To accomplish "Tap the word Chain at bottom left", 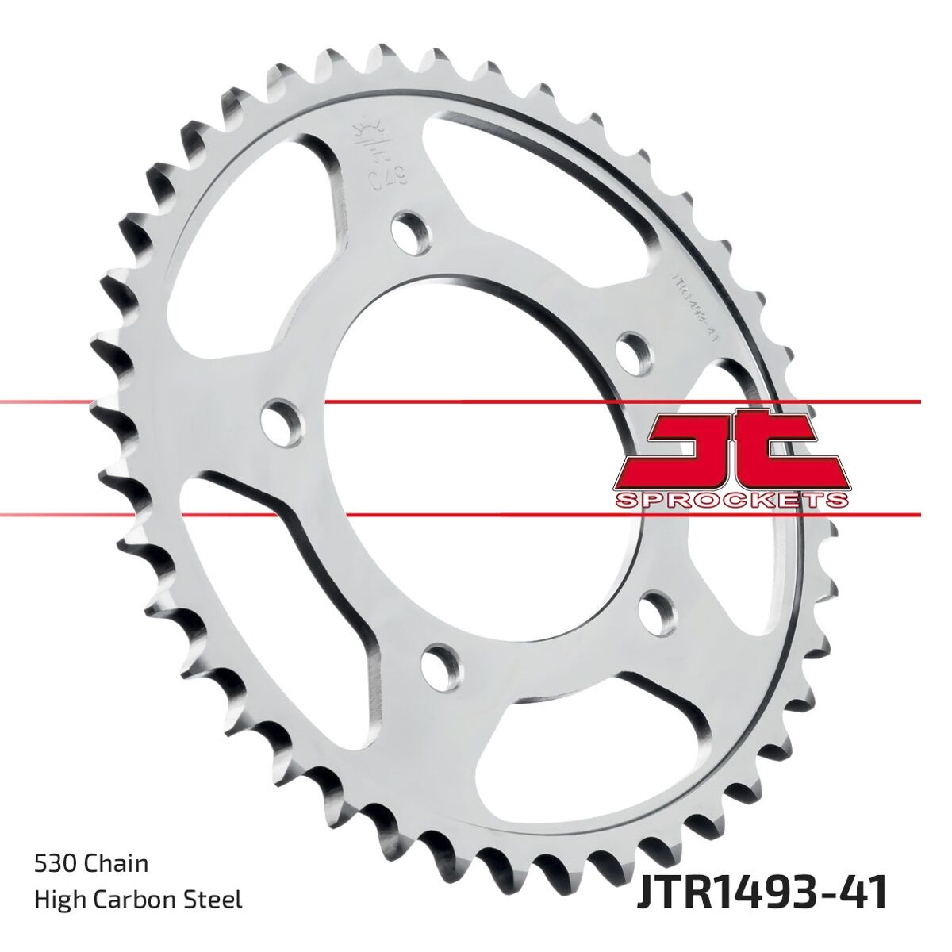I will pyautogui.click(x=115, y=862).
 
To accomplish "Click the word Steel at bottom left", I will pyautogui.click(x=213, y=899).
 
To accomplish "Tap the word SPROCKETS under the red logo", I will pyautogui.click(x=731, y=500).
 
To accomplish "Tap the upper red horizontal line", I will pyautogui.click(x=476, y=402).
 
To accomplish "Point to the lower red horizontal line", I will pyautogui.click(x=476, y=515).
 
